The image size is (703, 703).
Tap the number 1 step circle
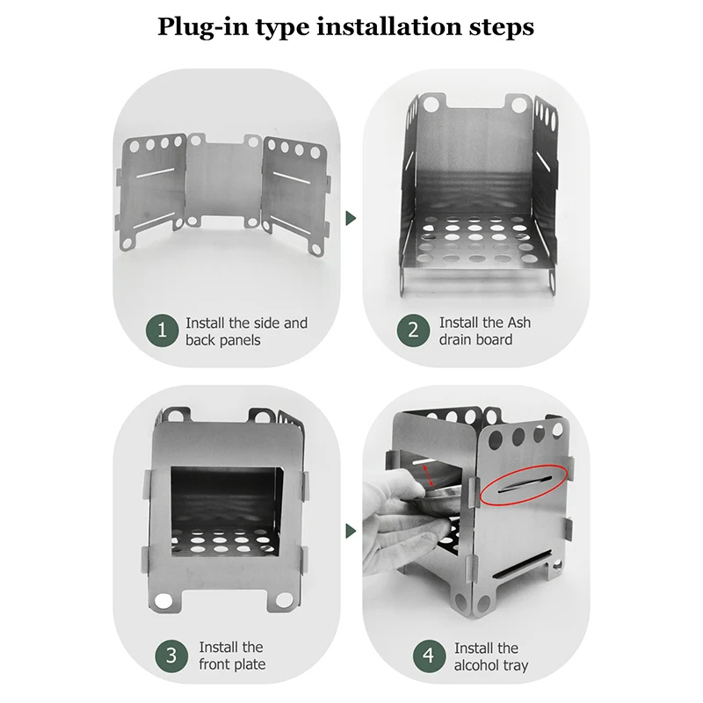pos(162,330)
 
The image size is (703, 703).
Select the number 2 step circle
pos(413,330)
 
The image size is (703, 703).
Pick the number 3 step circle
pos(170,656)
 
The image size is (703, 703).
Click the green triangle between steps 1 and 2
pos(351,217)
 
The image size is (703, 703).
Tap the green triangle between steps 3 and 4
pos(351,531)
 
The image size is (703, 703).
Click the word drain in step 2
pos(458,340)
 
